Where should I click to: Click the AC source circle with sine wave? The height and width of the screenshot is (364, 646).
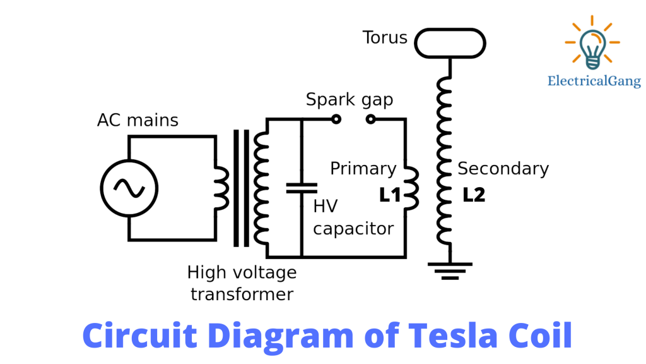[x=129, y=188]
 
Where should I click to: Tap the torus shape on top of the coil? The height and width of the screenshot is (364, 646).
[x=450, y=42]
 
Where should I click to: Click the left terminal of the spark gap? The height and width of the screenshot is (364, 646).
[x=336, y=118]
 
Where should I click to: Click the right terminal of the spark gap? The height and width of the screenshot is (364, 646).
[x=371, y=118]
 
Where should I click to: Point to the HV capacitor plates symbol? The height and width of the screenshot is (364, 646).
[x=302, y=187]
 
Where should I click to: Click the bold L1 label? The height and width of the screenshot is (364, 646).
[x=390, y=195]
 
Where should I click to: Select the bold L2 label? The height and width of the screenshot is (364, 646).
[x=474, y=195]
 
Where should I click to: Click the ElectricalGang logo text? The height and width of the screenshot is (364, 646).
[x=594, y=81]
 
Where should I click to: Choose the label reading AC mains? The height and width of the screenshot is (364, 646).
[x=138, y=120]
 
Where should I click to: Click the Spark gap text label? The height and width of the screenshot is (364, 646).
[x=349, y=100]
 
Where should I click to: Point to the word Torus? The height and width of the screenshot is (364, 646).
[x=385, y=38]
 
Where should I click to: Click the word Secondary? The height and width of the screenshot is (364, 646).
[x=503, y=169]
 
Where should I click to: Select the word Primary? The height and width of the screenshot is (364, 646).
[x=363, y=169]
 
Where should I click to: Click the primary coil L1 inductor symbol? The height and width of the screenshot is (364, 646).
[x=411, y=188]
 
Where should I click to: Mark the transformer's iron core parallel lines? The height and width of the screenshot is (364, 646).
[x=241, y=188]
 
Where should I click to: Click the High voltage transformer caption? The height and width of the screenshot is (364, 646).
[x=242, y=283]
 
